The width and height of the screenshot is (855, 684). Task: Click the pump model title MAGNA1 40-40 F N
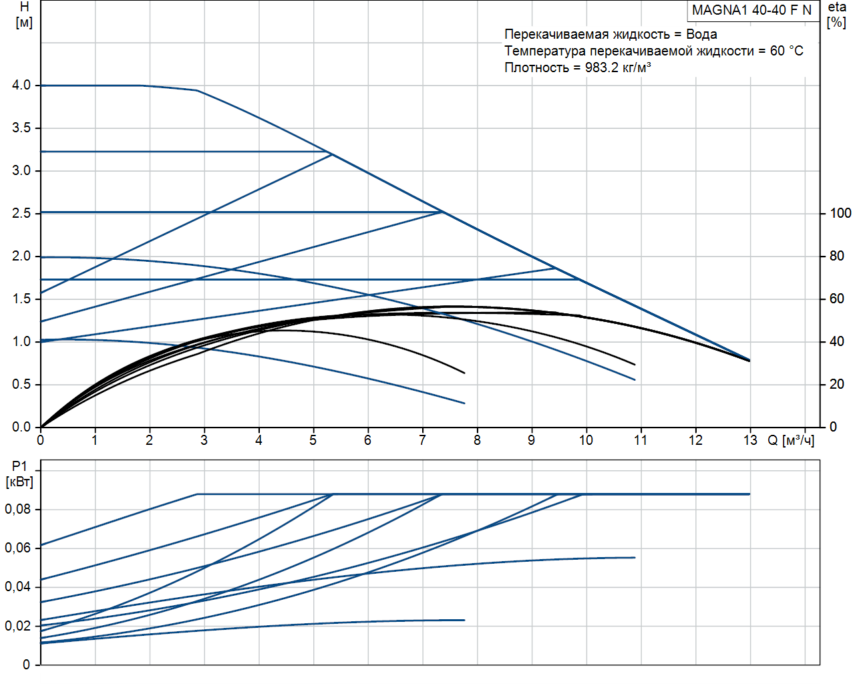click(751, 10)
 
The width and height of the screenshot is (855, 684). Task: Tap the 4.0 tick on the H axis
click(21, 85)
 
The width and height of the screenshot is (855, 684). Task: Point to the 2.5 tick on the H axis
click(21, 213)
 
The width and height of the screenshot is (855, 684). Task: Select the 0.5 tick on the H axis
click(21, 384)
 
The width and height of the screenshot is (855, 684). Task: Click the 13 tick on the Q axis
click(750, 440)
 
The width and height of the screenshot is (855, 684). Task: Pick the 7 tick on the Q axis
click(422, 440)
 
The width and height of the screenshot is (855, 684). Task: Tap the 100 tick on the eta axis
click(840, 213)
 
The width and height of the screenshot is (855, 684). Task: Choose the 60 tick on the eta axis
click(837, 299)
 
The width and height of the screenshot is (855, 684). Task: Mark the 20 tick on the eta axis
click(837, 384)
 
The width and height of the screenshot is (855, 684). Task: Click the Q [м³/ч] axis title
click(791, 440)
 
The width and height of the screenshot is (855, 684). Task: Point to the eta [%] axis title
click(837, 15)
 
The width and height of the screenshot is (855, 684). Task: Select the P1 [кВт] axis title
click(19, 474)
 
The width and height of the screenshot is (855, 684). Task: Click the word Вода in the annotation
click(701, 34)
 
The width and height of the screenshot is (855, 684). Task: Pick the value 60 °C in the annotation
click(786, 51)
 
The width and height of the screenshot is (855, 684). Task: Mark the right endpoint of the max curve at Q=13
click(750, 360)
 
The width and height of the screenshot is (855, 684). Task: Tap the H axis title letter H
click(24, 7)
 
